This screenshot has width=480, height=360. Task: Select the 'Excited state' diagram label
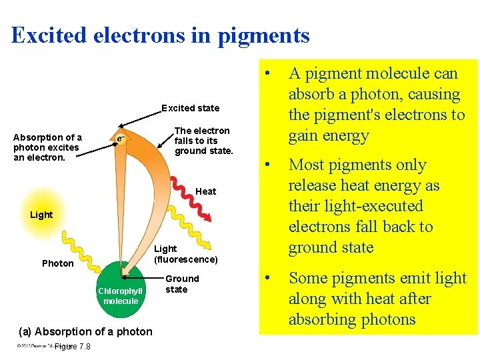tap(190, 108)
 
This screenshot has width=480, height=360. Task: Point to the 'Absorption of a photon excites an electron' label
tap(47, 147)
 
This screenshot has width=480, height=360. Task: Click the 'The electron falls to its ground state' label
tap(203, 141)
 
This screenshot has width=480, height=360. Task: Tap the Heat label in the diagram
tap(205, 191)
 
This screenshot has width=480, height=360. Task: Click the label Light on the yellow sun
tap(41, 215)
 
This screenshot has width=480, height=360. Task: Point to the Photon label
tap(58, 263)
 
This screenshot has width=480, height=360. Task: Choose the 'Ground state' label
tap(181, 284)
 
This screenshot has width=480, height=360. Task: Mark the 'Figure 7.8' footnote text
tap(72, 346)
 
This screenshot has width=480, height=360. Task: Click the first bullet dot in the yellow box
tap(267, 72)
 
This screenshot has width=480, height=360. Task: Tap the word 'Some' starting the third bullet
tap(311, 278)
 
